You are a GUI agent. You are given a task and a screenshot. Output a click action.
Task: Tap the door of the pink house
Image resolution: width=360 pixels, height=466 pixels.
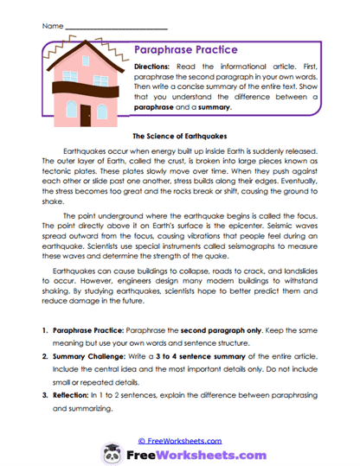pyautogui.click(x=87, y=112)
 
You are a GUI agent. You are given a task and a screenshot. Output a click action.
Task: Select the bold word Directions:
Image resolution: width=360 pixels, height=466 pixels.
pyautogui.click(x=158, y=67)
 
